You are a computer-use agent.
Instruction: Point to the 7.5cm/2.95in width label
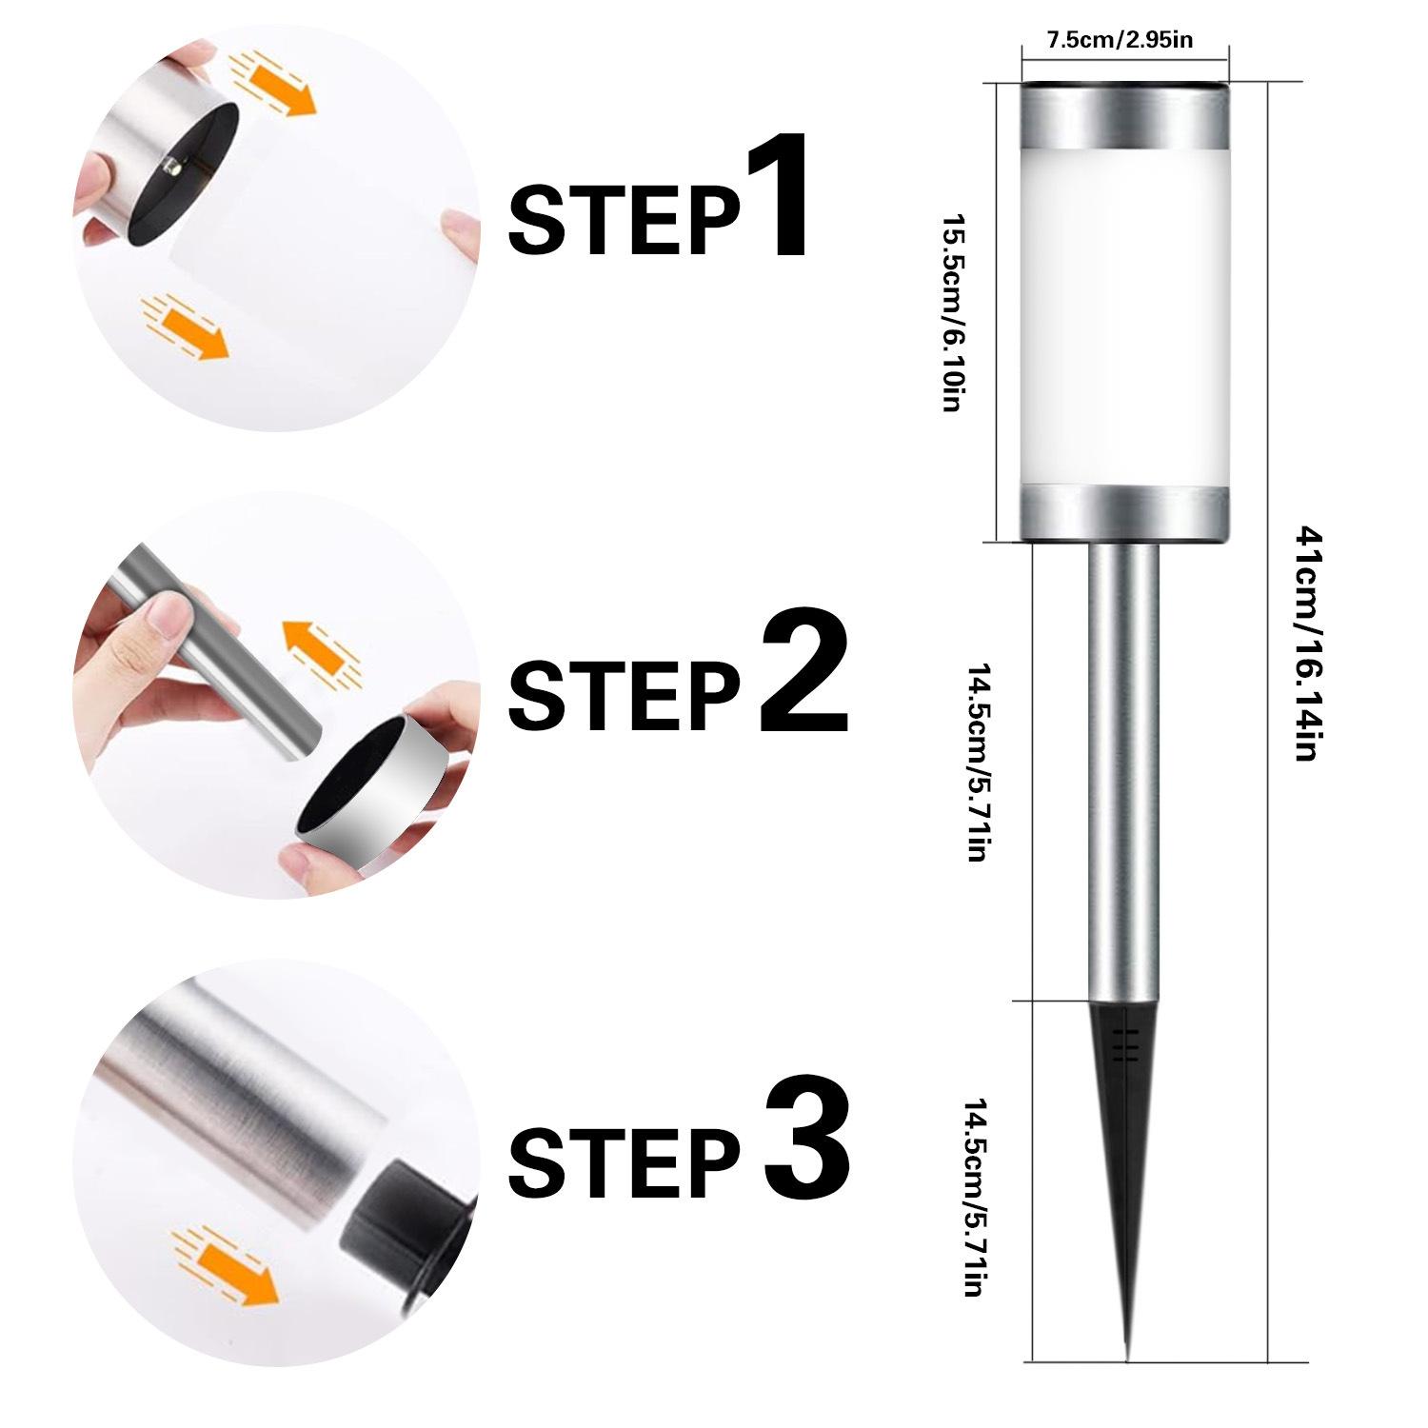1120,40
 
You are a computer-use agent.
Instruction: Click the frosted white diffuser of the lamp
1124,318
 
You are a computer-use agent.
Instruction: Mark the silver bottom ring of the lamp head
1124,514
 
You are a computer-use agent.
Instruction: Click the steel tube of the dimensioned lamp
1124,771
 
